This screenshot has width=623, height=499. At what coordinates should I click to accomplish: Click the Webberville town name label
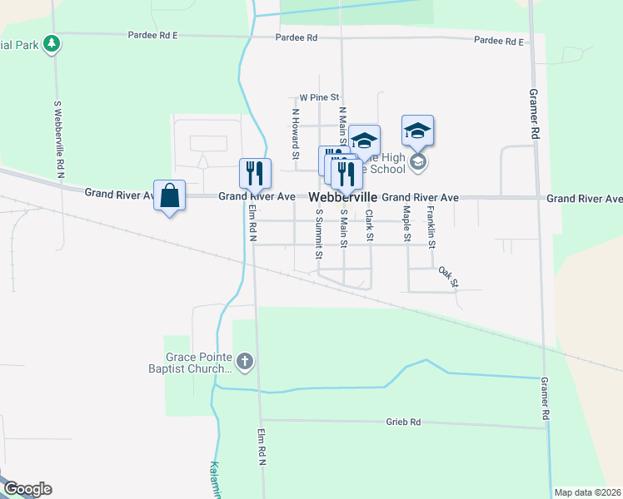pyautogui.click(x=343, y=198)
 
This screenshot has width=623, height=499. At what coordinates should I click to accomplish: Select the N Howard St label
pyautogui.click(x=295, y=133)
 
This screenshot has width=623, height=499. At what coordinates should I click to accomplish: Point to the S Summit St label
pyautogui.click(x=318, y=234)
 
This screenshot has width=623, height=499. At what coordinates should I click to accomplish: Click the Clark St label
pyautogui.click(x=369, y=225)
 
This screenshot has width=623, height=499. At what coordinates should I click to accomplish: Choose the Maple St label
pyautogui.click(x=407, y=225)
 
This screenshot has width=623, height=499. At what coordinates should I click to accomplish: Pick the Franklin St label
pyautogui.click(x=431, y=227)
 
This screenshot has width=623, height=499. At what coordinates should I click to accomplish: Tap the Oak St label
pyautogui.click(x=449, y=276)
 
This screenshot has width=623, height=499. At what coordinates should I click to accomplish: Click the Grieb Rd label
pyautogui.click(x=404, y=422)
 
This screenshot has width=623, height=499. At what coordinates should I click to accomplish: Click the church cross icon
pyautogui.click(x=244, y=361)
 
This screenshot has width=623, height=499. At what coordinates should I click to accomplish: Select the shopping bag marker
pyautogui.click(x=170, y=196)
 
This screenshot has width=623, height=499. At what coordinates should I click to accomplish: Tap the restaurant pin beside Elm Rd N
pyautogui.click(x=256, y=173)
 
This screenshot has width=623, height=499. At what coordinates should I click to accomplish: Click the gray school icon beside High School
pyautogui.click(x=418, y=161)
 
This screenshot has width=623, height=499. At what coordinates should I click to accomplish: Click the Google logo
pyautogui.click(x=27, y=489)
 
